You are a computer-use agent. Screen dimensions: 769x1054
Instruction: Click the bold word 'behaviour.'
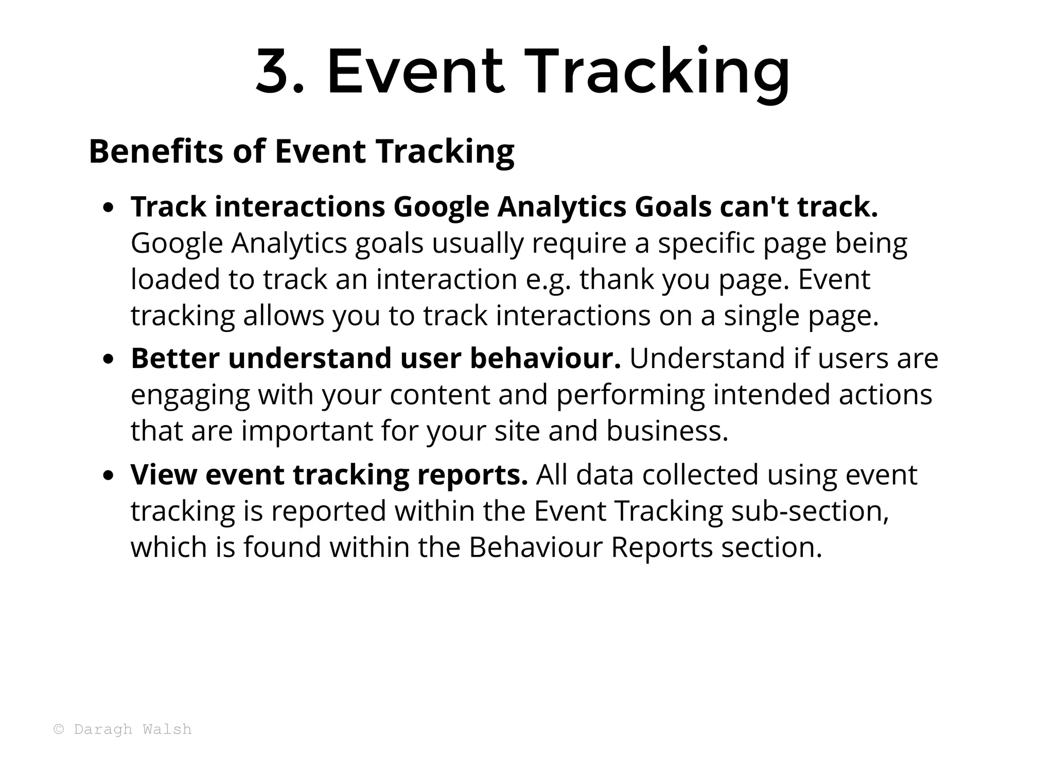545,358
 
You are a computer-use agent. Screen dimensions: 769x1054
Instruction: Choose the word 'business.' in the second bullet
667,431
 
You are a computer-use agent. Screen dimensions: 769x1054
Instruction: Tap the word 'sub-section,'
810,511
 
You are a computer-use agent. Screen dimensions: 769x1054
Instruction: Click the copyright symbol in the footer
59,729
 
